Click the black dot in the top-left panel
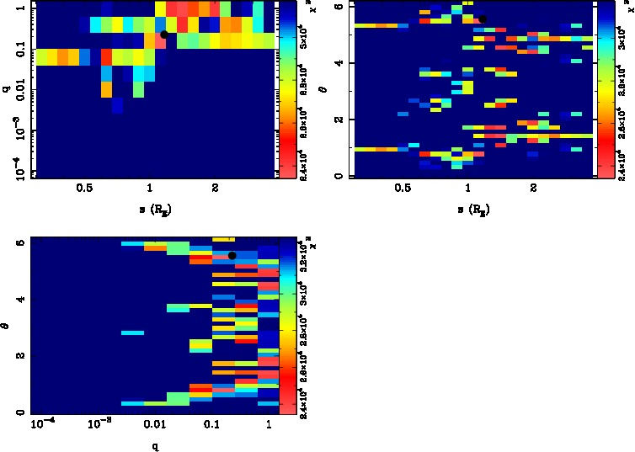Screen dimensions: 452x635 (165, 35)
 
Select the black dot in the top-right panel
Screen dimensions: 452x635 (483, 19)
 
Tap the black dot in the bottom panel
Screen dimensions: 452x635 (232, 255)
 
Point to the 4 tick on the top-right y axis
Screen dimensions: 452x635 (338, 63)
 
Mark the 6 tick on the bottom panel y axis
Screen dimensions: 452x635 (20, 242)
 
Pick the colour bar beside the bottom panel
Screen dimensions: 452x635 (286, 324)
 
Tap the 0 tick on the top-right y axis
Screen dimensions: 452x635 (338, 176)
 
